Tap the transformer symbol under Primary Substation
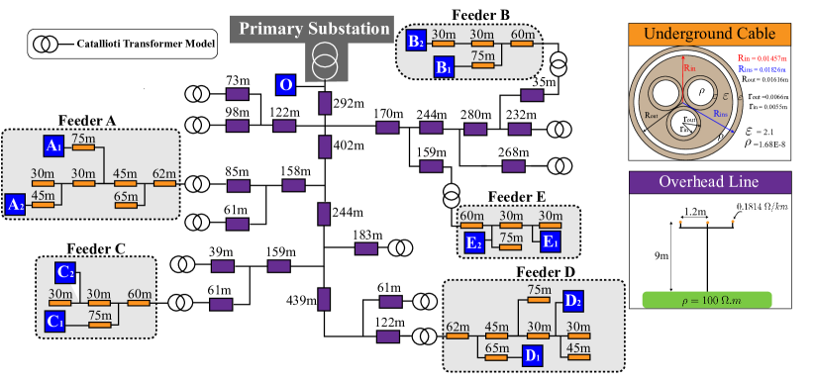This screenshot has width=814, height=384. [x=323, y=61]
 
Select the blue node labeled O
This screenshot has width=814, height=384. [x=285, y=85]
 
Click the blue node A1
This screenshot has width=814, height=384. [x=53, y=146]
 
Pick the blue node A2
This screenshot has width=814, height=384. [x=16, y=205]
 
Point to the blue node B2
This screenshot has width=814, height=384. [x=416, y=41]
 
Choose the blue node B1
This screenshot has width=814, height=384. [x=445, y=66]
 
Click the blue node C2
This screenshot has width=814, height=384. [x=65, y=272]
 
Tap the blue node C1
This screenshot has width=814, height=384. [x=54, y=321]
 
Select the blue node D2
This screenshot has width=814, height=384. [x=571, y=300]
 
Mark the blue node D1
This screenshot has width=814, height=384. [x=532, y=355]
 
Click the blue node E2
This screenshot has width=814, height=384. [x=474, y=241]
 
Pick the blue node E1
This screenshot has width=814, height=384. [x=550, y=240]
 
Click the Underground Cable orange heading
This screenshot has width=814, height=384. [x=709, y=35]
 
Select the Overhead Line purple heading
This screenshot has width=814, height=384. [x=709, y=182]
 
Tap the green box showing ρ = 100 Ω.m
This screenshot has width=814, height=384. [x=707, y=300]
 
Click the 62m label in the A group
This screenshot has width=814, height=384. [x=164, y=174]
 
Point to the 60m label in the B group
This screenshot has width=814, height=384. [x=523, y=35]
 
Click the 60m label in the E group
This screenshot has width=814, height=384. [x=472, y=216]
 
